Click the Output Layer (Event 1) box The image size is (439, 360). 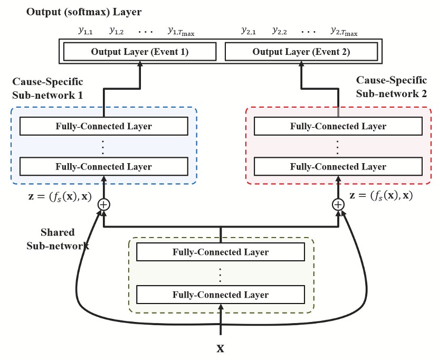tap(140, 52)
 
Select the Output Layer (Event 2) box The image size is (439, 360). tap(301, 52)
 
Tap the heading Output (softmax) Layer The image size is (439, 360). tap(77, 12)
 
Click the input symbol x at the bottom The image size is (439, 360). tap(221, 349)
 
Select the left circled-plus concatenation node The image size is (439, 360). tap(104, 204)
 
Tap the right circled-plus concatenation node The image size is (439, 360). tap(338, 204)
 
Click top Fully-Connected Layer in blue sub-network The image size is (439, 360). tap(103, 126)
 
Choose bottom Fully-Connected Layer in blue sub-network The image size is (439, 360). tap(103, 166)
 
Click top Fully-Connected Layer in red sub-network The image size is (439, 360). tap(338, 126)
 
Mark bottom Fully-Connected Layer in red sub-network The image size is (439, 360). tap(338, 166)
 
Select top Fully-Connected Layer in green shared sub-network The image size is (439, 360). tap(221, 252)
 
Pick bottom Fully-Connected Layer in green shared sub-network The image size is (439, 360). tap(221, 294)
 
